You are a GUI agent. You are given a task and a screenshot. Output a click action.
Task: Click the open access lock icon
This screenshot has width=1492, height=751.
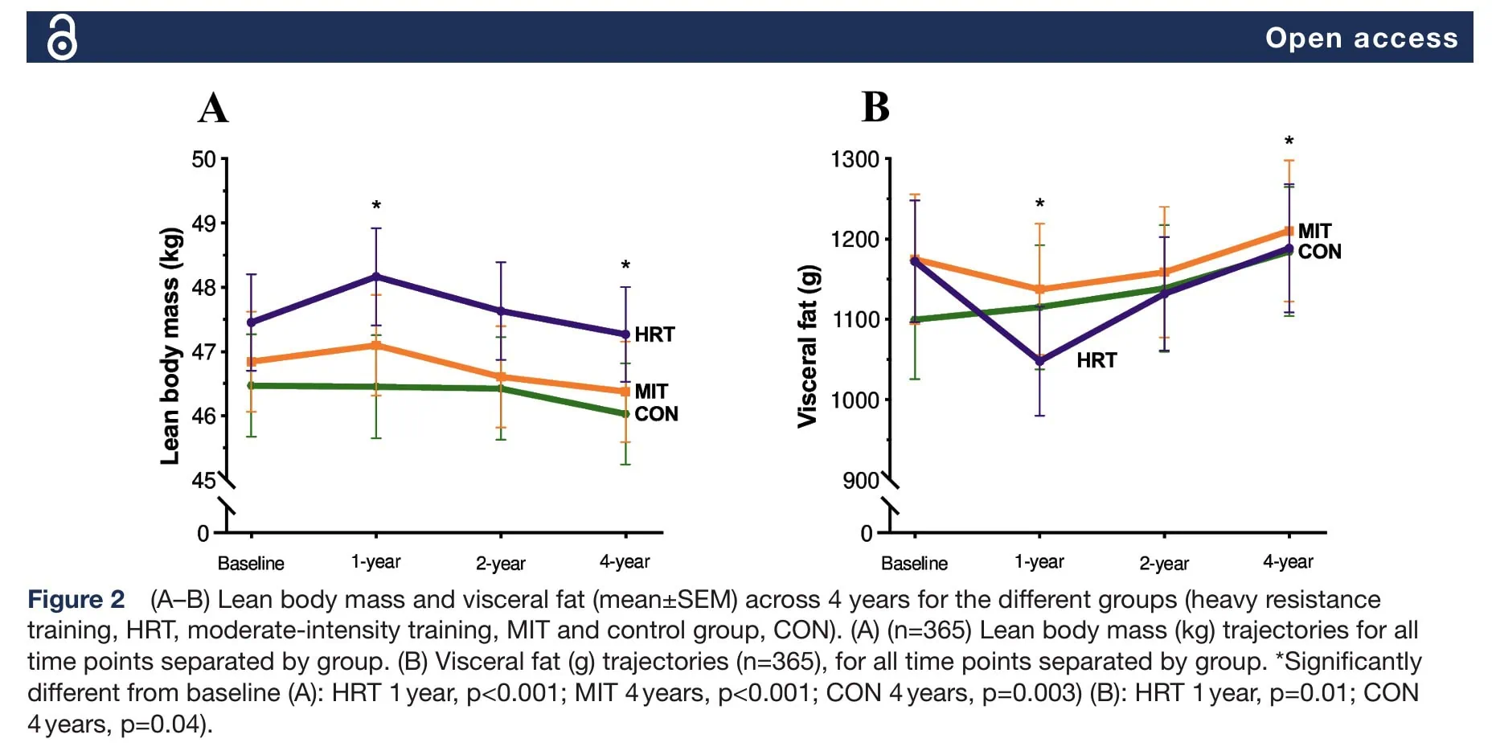(x=62, y=38)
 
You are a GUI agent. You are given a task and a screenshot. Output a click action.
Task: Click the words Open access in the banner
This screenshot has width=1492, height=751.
(x=1361, y=38)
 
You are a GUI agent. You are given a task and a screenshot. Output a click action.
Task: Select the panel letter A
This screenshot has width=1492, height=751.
(x=213, y=107)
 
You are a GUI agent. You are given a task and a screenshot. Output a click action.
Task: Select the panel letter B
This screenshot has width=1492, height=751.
(x=875, y=106)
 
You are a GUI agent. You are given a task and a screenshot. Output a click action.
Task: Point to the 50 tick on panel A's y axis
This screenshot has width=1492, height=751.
(x=203, y=159)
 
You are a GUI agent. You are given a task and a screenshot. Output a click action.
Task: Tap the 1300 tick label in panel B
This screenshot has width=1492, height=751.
(x=855, y=159)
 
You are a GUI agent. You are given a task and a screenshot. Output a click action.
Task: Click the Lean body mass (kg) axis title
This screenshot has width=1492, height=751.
(x=170, y=347)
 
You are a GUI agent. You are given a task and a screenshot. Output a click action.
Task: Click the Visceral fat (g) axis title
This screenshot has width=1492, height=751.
(x=807, y=347)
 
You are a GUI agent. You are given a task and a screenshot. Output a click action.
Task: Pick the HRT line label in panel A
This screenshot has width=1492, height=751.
(x=654, y=334)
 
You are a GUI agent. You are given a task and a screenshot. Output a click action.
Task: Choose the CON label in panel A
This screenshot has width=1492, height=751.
(x=656, y=414)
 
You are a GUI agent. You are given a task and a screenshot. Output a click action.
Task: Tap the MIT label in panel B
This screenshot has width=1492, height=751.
(x=1314, y=231)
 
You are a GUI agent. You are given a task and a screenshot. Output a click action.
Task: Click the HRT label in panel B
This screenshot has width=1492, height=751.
(x=1096, y=360)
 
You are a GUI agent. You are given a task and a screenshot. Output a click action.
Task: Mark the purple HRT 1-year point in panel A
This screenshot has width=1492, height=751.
(x=375, y=277)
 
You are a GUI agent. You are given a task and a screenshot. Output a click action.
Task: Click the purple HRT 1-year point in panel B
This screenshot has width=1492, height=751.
(x=1039, y=361)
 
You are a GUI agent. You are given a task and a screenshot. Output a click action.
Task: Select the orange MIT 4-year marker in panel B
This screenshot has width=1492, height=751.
(x=1289, y=232)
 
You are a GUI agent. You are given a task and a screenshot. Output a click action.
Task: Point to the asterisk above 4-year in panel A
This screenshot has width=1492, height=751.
(x=625, y=265)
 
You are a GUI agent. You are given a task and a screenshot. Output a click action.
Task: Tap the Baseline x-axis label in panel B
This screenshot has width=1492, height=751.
(x=914, y=563)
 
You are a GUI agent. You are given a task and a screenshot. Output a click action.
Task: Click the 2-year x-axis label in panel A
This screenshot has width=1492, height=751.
(x=500, y=563)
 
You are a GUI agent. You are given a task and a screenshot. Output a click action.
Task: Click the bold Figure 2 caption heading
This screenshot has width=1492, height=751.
(x=76, y=600)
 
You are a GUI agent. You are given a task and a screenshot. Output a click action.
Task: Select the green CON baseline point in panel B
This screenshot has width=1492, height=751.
(x=915, y=320)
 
